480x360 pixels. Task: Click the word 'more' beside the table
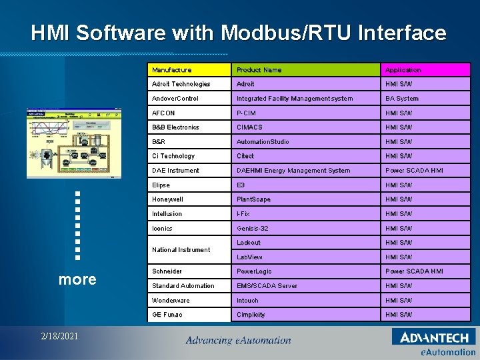click(x=77, y=279)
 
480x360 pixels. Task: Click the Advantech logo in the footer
click(x=434, y=337)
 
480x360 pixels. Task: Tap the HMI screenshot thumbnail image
click(x=75, y=143)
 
